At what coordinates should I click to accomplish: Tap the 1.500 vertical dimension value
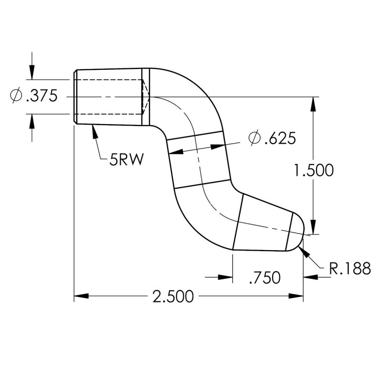pyautogui.click(x=313, y=170)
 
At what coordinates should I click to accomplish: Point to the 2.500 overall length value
pyautogui.click(x=173, y=297)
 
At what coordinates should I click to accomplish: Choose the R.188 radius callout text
pyautogui.click(x=350, y=269)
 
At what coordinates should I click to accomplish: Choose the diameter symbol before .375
pyautogui.click(x=16, y=96)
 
